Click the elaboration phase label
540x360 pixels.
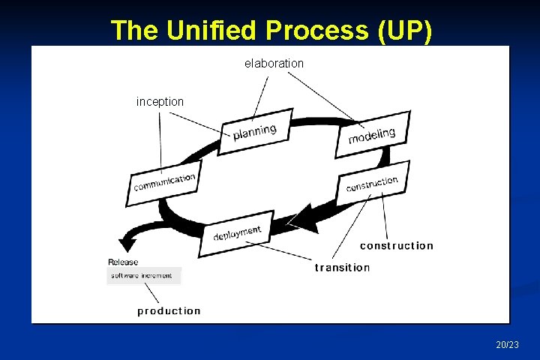click(274, 64)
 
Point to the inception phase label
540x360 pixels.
click(160, 101)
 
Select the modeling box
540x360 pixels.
click(372, 134)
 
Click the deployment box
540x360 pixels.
click(236, 233)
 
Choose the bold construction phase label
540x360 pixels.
click(397, 246)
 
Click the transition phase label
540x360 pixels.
click(343, 268)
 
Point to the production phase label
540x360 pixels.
click(169, 311)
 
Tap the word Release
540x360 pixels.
click(123, 262)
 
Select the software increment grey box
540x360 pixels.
click(142, 276)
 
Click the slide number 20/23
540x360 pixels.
click(507, 345)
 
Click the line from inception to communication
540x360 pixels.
click(160, 139)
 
